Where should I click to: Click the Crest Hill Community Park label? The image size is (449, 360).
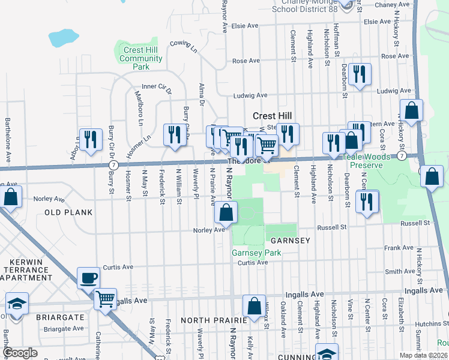(x=140, y=59)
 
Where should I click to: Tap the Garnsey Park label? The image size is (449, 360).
(x=256, y=253)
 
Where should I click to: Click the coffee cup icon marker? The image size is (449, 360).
(x=89, y=279)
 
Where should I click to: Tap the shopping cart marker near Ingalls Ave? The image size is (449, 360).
(x=106, y=298)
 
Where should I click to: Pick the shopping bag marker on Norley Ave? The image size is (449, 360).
(x=226, y=212)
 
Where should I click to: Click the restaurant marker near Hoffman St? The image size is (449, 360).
(x=360, y=75)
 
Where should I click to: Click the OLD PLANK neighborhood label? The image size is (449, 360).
(x=68, y=212)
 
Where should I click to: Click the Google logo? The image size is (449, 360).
(x=20, y=353)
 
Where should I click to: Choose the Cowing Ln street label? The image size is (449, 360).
(x=183, y=46)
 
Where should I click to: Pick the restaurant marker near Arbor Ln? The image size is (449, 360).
(x=90, y=140)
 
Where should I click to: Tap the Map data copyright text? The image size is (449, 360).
(x=424, y=355)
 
